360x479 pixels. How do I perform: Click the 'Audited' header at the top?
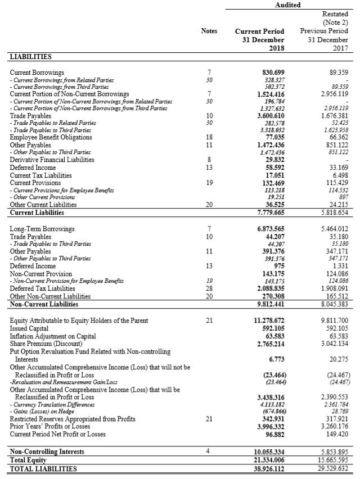287,5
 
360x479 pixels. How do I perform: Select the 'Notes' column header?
209,31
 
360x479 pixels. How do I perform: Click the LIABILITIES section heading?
30,56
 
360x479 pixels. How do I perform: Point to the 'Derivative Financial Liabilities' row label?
52,159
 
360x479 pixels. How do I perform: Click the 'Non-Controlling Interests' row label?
47,452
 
